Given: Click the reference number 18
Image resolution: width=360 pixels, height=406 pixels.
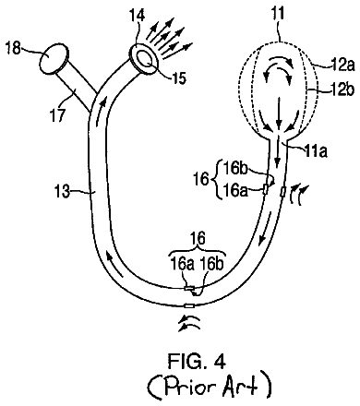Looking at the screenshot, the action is tap(13, 48).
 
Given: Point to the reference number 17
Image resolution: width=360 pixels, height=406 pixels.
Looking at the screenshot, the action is tap(58, 115).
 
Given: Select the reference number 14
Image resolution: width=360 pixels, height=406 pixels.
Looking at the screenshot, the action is tap(137, 15).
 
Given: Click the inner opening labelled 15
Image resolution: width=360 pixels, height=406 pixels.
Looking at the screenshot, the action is tap(144, 58).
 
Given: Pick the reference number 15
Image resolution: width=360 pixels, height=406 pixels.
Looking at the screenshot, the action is tap(179, 78).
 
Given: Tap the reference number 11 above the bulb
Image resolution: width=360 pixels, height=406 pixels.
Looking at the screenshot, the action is tap(279, 13).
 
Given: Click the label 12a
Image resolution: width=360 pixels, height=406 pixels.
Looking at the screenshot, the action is tap(342, 66).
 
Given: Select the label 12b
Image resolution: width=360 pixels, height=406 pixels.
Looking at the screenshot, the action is tap(342, 91).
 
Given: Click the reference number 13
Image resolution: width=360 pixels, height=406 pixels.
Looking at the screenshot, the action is tap(63, 192).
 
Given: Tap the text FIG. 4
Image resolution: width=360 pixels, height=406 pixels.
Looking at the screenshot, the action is tap(197, 361).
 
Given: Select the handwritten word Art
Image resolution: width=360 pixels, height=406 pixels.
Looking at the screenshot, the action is tap(240, 385).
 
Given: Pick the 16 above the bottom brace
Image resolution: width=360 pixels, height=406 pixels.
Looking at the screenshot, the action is tap(198, 239).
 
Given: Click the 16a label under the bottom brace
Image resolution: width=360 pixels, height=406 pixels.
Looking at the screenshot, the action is tap(183, 264).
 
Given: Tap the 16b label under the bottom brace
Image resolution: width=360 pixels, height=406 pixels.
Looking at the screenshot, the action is tap(212, 264).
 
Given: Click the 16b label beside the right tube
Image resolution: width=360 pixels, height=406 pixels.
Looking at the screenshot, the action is tap(236, 169).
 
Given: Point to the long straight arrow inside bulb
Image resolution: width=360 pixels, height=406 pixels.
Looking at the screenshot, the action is tap(279, 114).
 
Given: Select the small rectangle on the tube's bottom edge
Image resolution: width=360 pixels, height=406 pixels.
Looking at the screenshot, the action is tap(189, 306).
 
